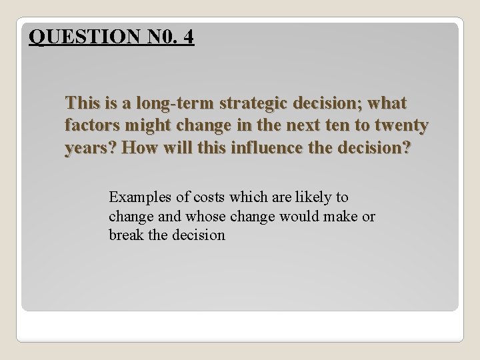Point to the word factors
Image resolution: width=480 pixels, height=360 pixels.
click(90, 125)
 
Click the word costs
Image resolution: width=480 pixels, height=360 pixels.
click(206, 197)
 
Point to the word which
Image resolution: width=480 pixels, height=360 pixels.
click(249, 197)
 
